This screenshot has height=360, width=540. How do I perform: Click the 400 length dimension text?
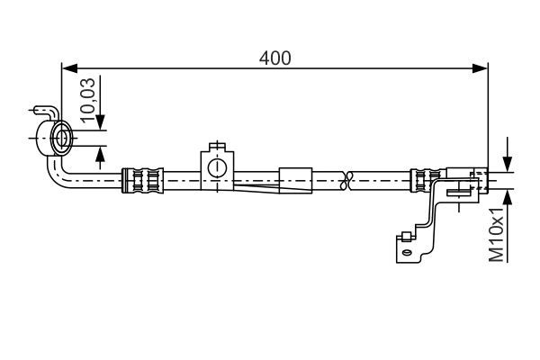274,58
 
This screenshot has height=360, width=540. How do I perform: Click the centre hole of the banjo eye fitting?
63,139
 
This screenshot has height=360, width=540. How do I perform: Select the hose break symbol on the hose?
347,179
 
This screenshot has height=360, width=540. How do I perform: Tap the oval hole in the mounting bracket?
407,253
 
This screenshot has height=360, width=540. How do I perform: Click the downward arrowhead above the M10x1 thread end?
508,165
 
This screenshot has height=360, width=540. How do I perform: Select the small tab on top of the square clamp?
216,148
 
